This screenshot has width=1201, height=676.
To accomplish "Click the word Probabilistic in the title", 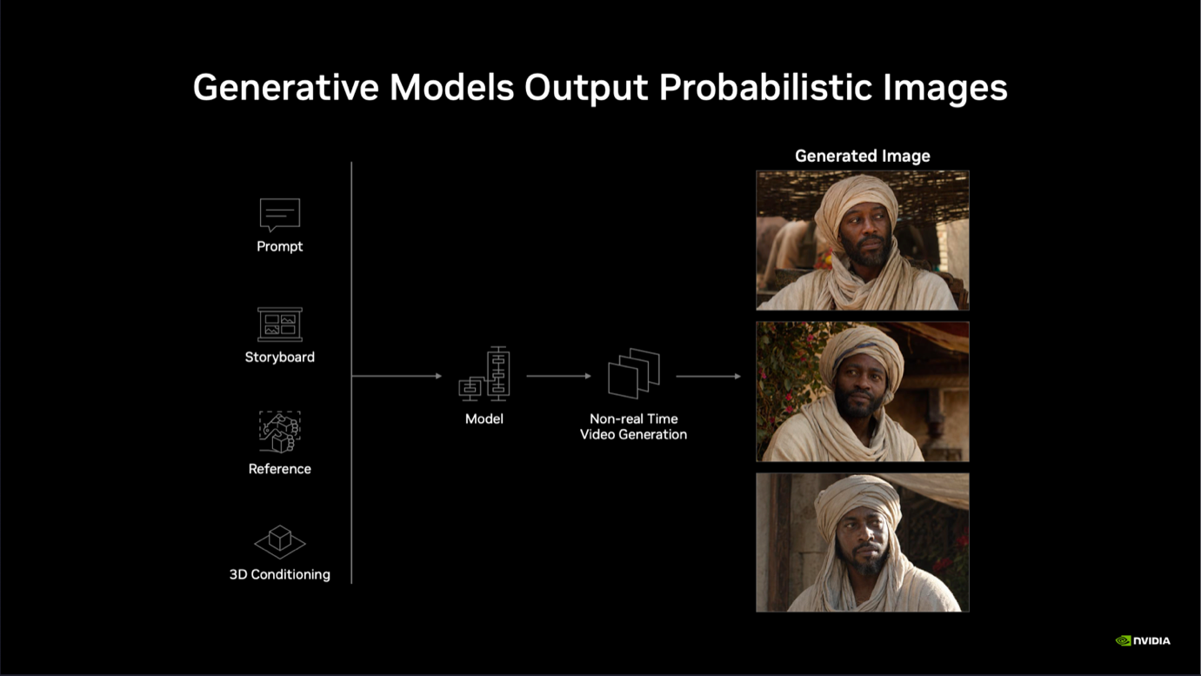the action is tap(765, 88).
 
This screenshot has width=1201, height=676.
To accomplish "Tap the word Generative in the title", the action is tap(286, 88).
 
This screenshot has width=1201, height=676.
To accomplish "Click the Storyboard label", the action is tap(280, 358).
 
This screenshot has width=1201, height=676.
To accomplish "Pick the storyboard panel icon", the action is tap(280, 325).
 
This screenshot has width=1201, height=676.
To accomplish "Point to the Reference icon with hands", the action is tap(280, 432).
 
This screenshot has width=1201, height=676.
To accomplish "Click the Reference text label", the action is tap(280, 469).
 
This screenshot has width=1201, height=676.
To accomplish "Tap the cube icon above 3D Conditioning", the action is tap(280, 542).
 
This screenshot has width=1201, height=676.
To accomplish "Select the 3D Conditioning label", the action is tap(280, 574).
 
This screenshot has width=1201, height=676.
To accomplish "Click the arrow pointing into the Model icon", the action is tap(397, 376).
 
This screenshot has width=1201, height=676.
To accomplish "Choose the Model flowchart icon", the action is tap(484, 373).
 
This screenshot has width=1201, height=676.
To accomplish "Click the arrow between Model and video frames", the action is tap(558, 376).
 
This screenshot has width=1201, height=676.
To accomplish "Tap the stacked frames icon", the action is tap(634, 373).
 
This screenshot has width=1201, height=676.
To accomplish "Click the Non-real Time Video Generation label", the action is tap(634, 426).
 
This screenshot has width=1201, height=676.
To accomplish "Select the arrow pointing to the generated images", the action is tap(708, 376).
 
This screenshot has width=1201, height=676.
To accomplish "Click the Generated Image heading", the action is tap(862, 156).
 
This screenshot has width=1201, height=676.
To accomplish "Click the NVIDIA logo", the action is tap(1143, 640).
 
